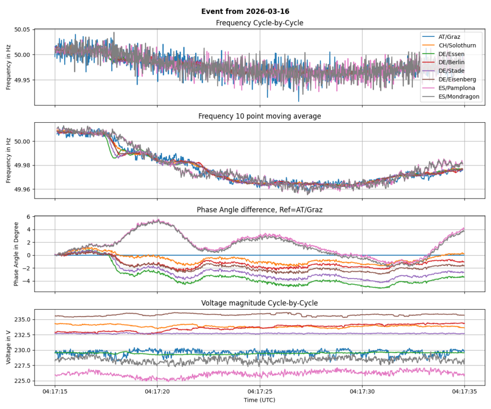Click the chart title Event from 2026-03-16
point(245,12)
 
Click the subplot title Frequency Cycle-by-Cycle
point(259,23)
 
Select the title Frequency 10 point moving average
point(259,116)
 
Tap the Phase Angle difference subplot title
point(259,210)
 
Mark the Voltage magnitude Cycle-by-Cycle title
point(259,303)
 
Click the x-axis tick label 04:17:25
point(259,391)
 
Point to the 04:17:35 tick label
point(464,391)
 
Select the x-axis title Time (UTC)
point(259,399)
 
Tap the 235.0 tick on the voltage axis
point(23,319)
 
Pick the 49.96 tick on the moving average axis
point(23,189)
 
